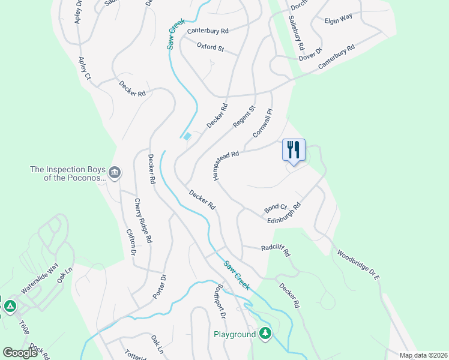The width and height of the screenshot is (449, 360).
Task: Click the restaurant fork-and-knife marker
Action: pos(294,149)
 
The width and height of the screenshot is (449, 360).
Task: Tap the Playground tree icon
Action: pos(265,334)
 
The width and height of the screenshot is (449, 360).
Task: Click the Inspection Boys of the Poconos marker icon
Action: pos(115,173)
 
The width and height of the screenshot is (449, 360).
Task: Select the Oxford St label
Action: pos(210,47)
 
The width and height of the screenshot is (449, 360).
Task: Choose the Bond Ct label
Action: pos(276,208)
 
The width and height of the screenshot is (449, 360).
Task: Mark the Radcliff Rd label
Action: pos(276,250)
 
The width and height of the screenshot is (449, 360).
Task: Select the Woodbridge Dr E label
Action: pos(358,265)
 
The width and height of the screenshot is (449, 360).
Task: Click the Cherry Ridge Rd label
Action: pos(142,221)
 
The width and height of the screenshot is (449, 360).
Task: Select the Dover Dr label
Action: pos(310,54)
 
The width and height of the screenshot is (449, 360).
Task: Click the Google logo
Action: pos(20,353)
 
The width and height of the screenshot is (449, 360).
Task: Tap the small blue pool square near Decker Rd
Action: pos(187,136)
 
